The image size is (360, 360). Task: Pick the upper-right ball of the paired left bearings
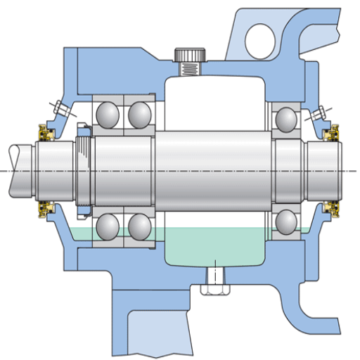[139, 114]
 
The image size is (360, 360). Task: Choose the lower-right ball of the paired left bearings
[139, 226]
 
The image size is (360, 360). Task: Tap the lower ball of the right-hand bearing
[288, 221]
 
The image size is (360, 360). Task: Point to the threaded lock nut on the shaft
[84, 169]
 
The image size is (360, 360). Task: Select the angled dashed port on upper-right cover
[321, 112]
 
